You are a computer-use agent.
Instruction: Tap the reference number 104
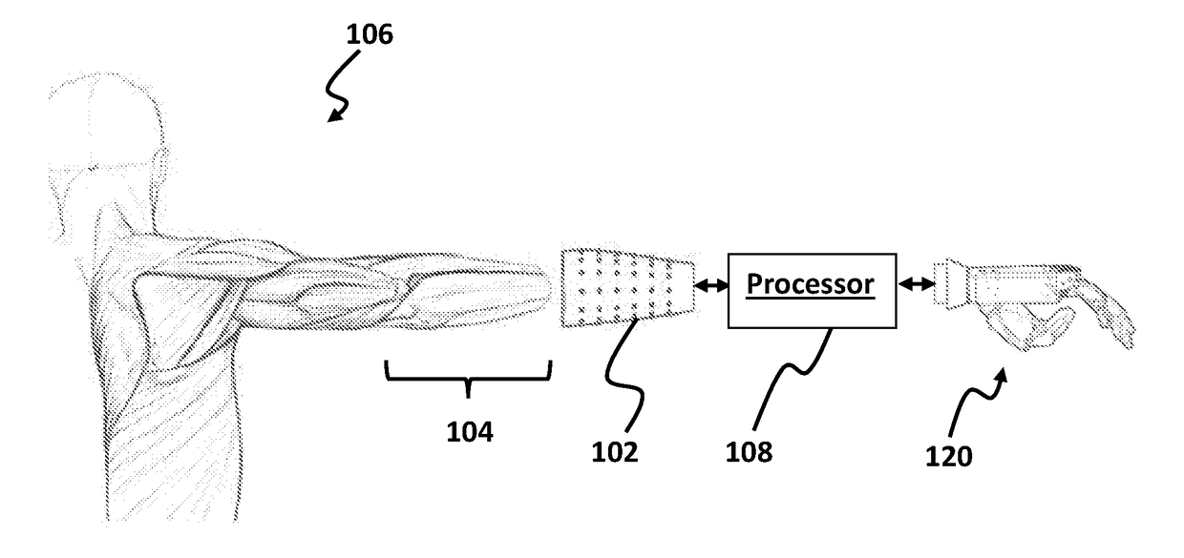pyautogui.click(x=469, y=433)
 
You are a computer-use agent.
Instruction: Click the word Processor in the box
pyautogui.click(x=811, y=284)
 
